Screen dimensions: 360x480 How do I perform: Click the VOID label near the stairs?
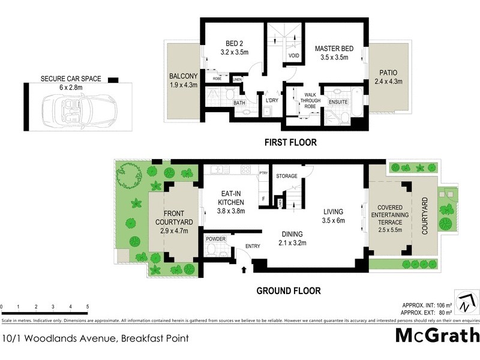pyautogui.click(x=294, y=56)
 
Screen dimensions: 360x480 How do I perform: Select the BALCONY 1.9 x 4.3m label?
pyautogui.click(x=183, y=80)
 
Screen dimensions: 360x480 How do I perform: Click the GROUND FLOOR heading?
pyautogui.click(x=289, y=291)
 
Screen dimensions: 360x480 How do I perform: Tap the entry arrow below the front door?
pyautogui.click(x=244, y=271)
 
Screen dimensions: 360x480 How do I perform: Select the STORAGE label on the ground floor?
pyautogui.click(x=286, y=176)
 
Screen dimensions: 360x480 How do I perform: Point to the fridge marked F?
pyautogui.click(x=262, y=199)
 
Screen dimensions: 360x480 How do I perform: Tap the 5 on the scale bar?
pyautogui.click(x=88, y=307)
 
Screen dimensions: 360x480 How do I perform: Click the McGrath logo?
pyautogui.click(x=437, y=335)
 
